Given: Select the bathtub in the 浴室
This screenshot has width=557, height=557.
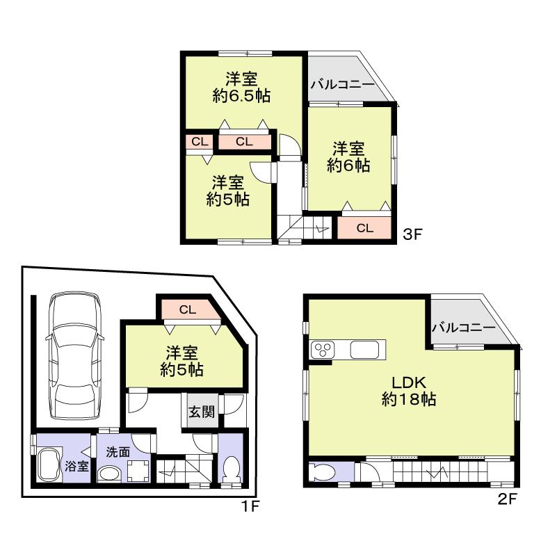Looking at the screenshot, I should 49,464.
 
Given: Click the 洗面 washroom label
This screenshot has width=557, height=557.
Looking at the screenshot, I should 118,451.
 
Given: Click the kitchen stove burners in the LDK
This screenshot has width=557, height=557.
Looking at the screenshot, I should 323,349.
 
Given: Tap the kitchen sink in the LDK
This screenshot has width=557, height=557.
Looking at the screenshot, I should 366,349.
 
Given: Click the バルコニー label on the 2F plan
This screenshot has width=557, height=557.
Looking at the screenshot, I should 463,327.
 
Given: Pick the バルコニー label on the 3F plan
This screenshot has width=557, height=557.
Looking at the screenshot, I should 341,85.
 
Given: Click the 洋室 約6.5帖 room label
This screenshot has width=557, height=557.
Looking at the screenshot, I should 242,87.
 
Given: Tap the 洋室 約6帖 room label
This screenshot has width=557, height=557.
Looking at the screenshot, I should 348,157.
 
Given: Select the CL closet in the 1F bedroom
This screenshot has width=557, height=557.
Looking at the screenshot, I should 186,309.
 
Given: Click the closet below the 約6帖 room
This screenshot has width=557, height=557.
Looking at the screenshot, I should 364,227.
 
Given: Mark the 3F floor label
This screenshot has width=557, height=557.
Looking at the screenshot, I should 413,235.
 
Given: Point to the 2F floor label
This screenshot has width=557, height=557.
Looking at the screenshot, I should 509,499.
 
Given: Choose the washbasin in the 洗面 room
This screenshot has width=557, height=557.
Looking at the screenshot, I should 110,473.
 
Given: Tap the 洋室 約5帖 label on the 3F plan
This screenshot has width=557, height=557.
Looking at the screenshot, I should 228,191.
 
